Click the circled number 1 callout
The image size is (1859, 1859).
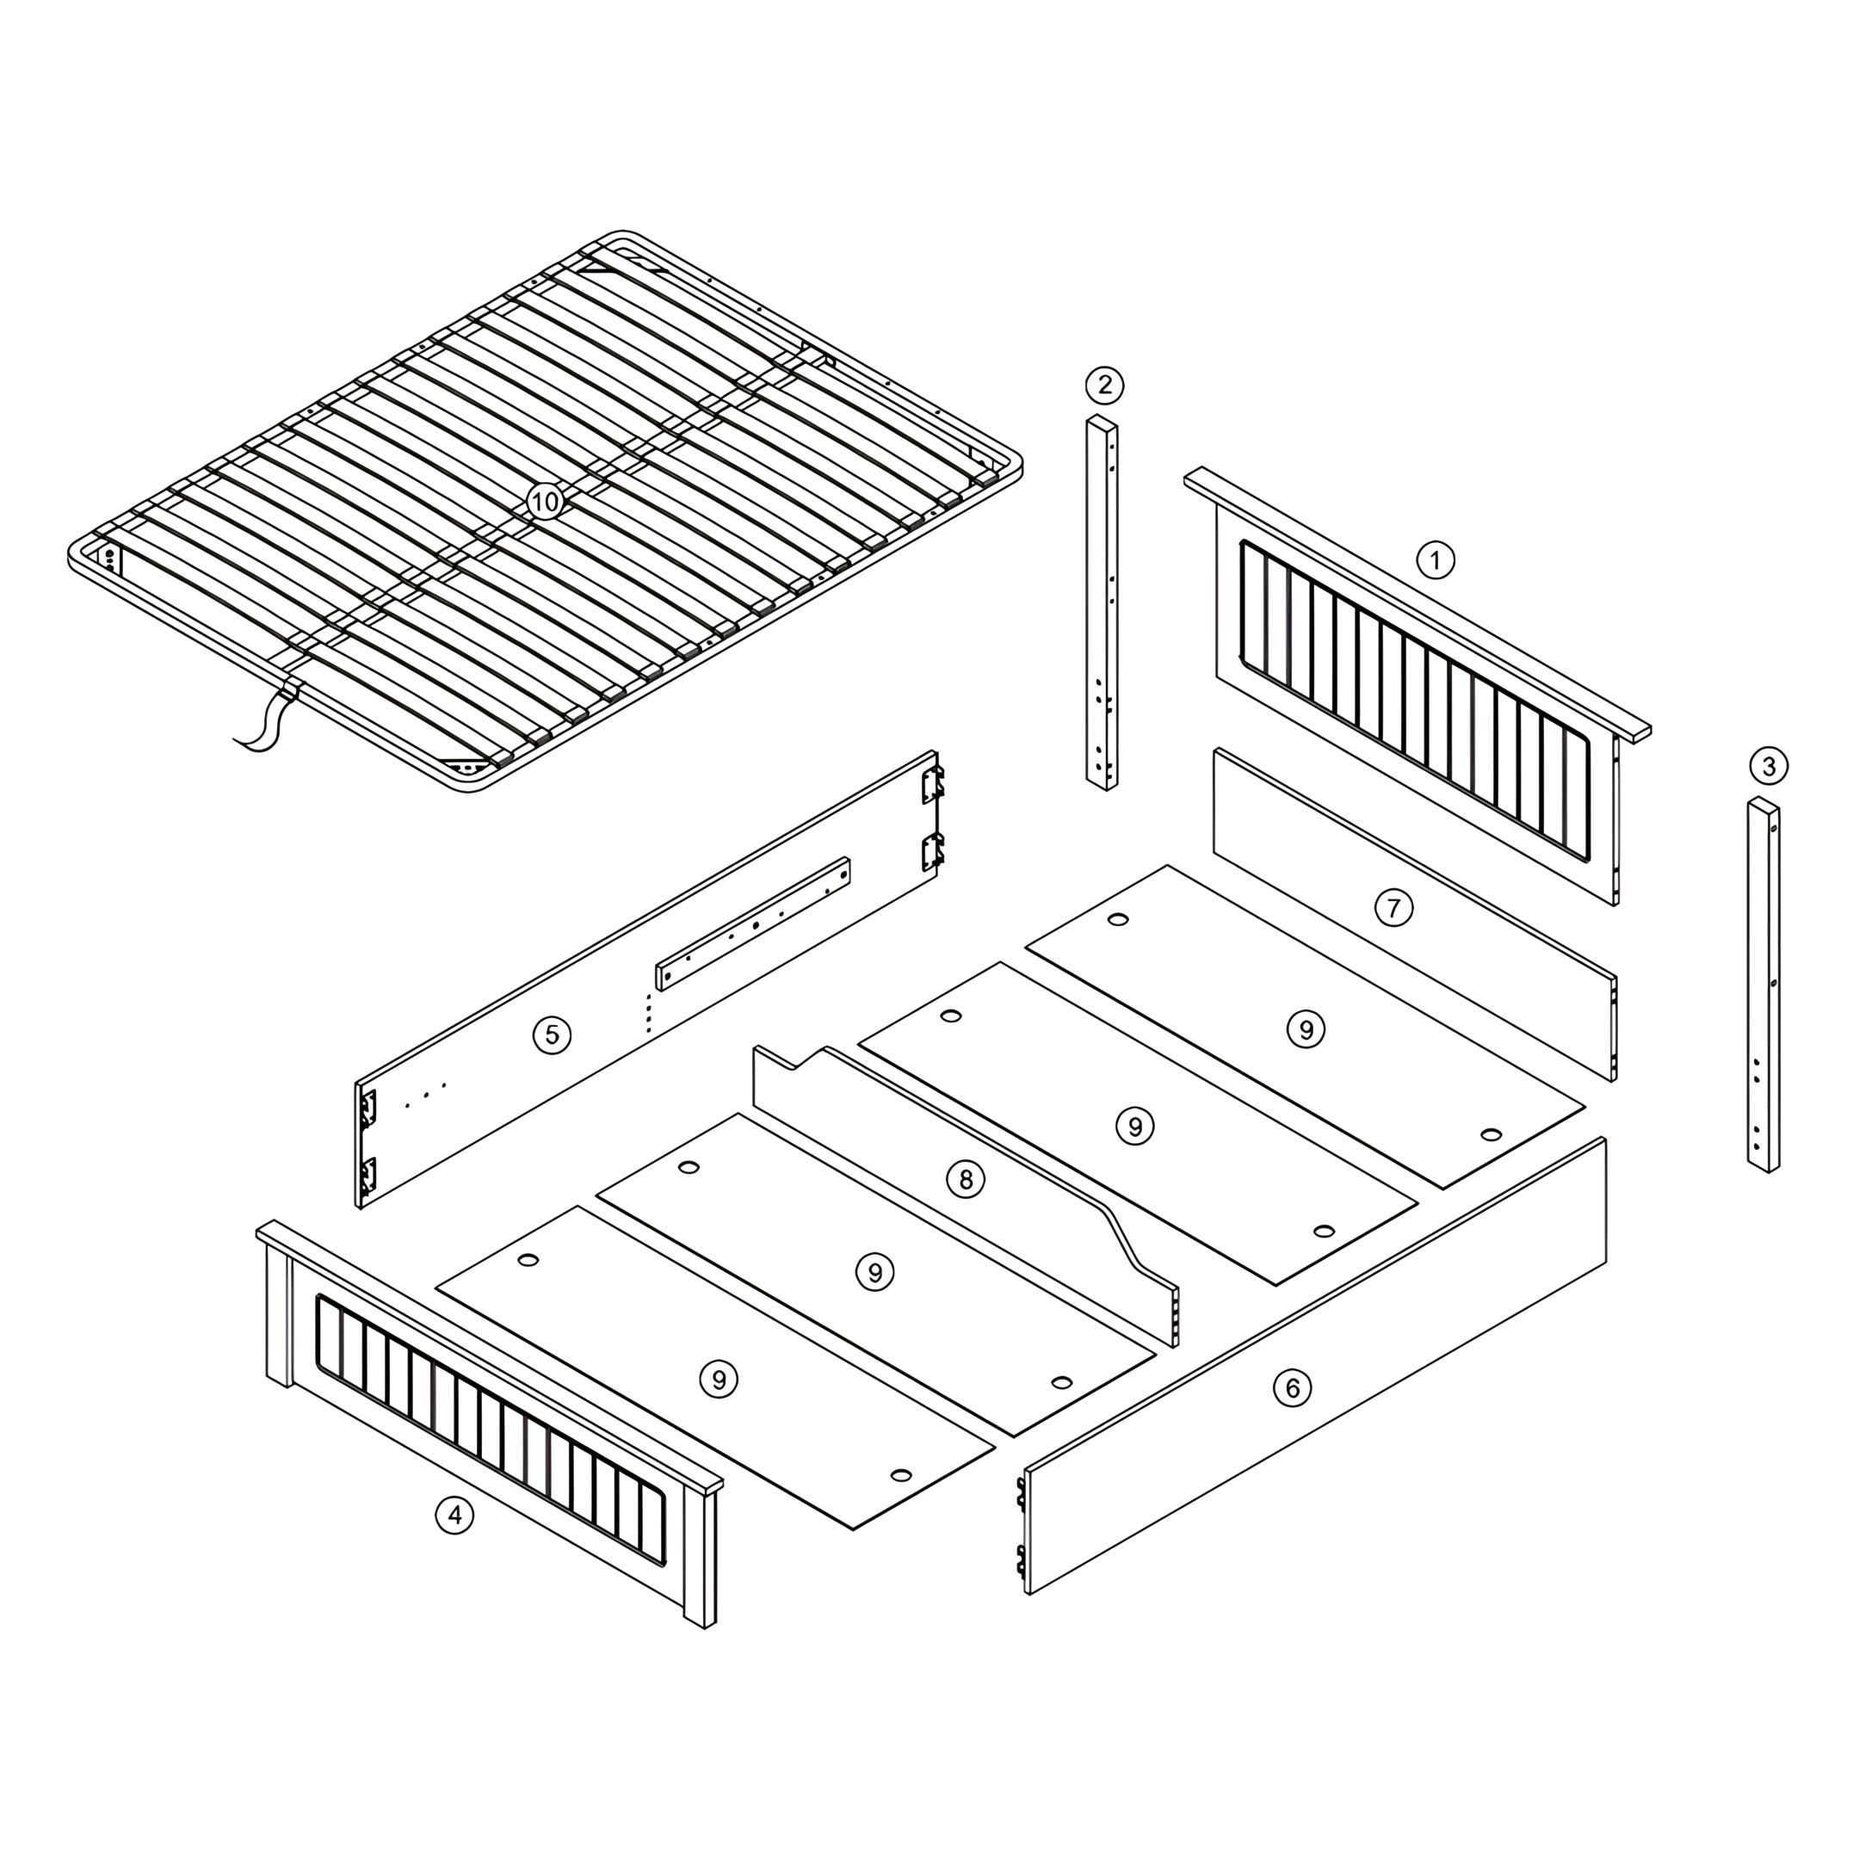[1435, 559]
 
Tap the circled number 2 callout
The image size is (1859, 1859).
[1104, 385]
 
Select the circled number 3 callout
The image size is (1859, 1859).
[1769, 767]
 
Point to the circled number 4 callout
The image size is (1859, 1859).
[454, 1516]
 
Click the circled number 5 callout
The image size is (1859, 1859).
[552, 1034]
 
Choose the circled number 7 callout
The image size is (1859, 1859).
[1393, 907]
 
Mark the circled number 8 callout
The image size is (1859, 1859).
[966, 1180]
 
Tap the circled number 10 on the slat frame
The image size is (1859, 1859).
[545, 501]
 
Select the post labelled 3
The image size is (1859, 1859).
[1763, 985]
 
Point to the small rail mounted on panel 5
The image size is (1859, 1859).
[753, 923]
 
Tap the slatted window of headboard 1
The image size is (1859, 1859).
[1414, 700]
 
